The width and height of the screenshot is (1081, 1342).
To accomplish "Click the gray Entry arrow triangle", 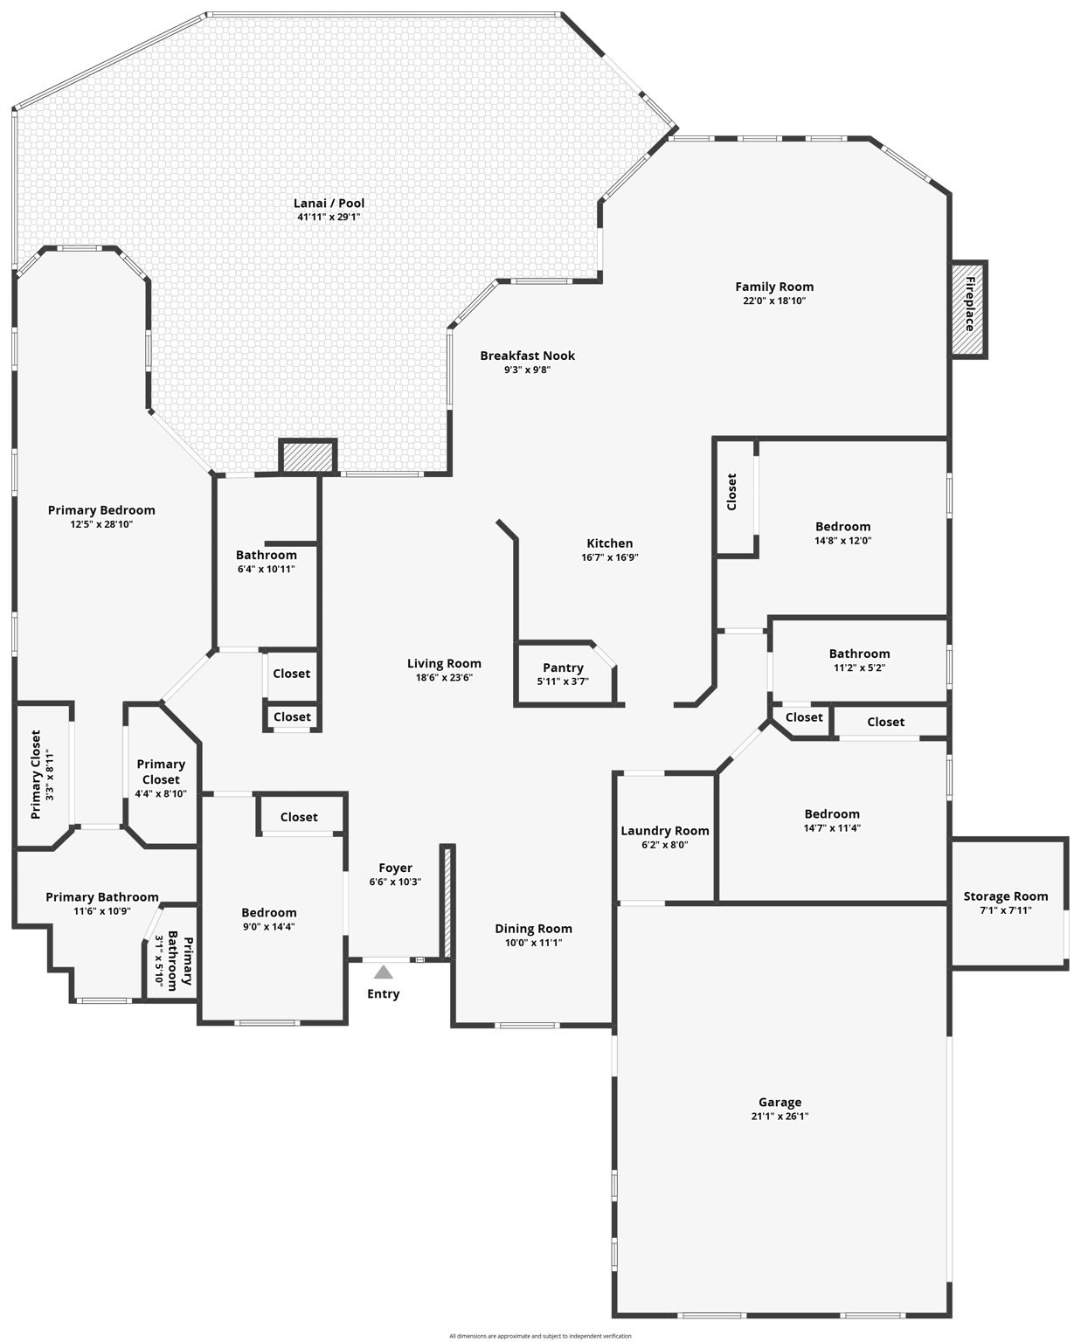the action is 383,972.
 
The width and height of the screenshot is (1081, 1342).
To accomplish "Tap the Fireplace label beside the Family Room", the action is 970,304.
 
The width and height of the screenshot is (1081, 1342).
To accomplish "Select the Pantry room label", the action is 563,668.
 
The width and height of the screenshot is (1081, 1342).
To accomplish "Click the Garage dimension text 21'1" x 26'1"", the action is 780,1117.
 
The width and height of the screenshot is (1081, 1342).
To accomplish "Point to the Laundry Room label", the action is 665,831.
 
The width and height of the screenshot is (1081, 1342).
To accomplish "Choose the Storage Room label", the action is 1006,896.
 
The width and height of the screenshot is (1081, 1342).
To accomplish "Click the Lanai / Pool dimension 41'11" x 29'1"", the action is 329,217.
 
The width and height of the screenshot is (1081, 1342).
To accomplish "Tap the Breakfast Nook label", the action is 527,356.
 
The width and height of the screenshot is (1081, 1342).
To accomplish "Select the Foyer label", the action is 396,868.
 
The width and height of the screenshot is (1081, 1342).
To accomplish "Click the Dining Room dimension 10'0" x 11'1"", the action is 533,942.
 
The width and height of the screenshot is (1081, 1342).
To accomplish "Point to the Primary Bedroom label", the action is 101,510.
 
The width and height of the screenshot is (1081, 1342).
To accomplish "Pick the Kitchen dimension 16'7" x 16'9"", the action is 609,557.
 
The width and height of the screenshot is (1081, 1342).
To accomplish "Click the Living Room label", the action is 444,663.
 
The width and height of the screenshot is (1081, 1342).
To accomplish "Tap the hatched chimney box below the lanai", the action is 308,457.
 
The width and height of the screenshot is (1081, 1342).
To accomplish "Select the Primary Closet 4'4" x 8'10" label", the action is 161,778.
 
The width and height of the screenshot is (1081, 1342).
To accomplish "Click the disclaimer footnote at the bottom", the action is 540,1336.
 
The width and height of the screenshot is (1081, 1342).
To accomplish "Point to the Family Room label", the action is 774,287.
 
